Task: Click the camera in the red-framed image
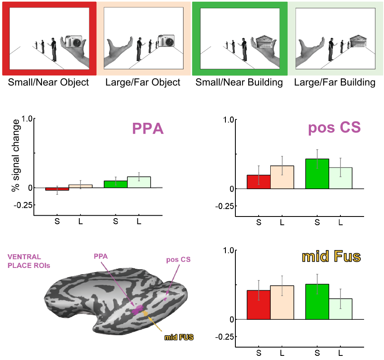point(75,41)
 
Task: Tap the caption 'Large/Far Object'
point(143,82)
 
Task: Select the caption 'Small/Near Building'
point(239,82)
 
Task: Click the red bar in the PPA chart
point(57,189)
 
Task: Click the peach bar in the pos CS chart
point(282,177)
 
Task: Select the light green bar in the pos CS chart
point(340,178)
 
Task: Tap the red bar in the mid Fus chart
point(258,305)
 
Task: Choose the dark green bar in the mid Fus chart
point(317,302)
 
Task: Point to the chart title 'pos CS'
point(335,128)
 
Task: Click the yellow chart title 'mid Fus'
point(331,257)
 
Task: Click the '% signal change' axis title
point(16,156)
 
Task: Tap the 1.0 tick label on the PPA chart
point(26,119)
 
